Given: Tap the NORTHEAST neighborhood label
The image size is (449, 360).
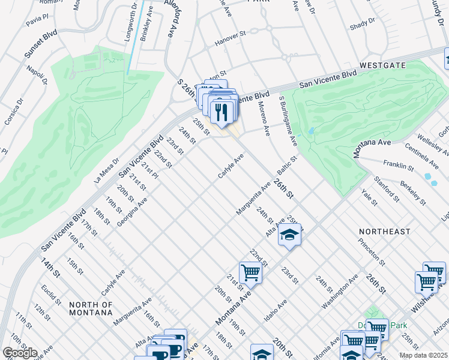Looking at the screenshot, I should pos(385,231).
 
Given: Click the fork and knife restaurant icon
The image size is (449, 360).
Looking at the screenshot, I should pos(221,112).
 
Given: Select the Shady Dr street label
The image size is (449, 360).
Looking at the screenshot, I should pos(362,23).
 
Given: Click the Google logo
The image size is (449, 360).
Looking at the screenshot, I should pos(19,352).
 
